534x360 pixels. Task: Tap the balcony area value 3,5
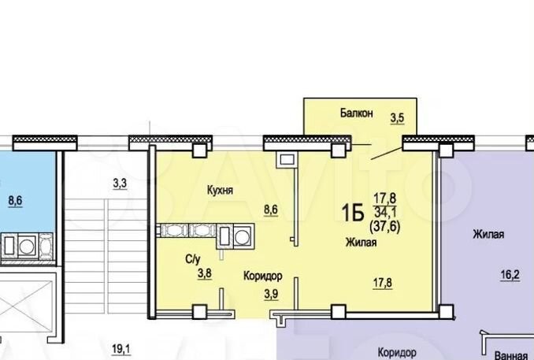click(398, 121)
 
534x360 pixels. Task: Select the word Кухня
click(223, 191)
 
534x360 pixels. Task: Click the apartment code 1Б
click(351, 211)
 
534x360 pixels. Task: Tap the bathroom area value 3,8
click(203, 274)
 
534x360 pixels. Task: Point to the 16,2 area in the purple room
click(510, 276)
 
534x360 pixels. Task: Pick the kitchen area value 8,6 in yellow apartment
click(270, 210)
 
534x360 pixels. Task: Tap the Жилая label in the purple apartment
click(488, 234)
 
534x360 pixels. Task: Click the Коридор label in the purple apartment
click(396, 353)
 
